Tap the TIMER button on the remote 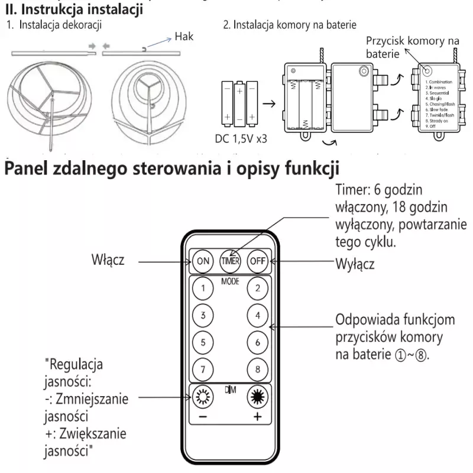(230, 260)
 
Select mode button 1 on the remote (203, 289)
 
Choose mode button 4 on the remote (258, 315)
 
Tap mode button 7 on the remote (203, 370)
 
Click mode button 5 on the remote (203, 342)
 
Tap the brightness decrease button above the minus (203, 396)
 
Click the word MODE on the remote (230, 281)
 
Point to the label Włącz (108, 260)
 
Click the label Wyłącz (355, 264)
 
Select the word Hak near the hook (184, 37)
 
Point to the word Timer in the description (351, 191)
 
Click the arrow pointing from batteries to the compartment (269, 103)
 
